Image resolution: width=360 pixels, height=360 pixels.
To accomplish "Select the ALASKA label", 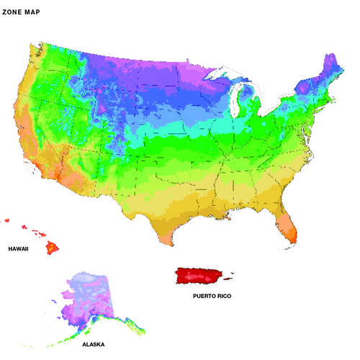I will pos(93,345).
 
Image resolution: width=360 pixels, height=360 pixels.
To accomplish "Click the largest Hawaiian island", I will pos(52,248).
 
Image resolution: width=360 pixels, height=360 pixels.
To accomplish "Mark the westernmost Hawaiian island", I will pos(6,220).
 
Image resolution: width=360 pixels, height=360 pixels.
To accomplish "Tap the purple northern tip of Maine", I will pos(332,60).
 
